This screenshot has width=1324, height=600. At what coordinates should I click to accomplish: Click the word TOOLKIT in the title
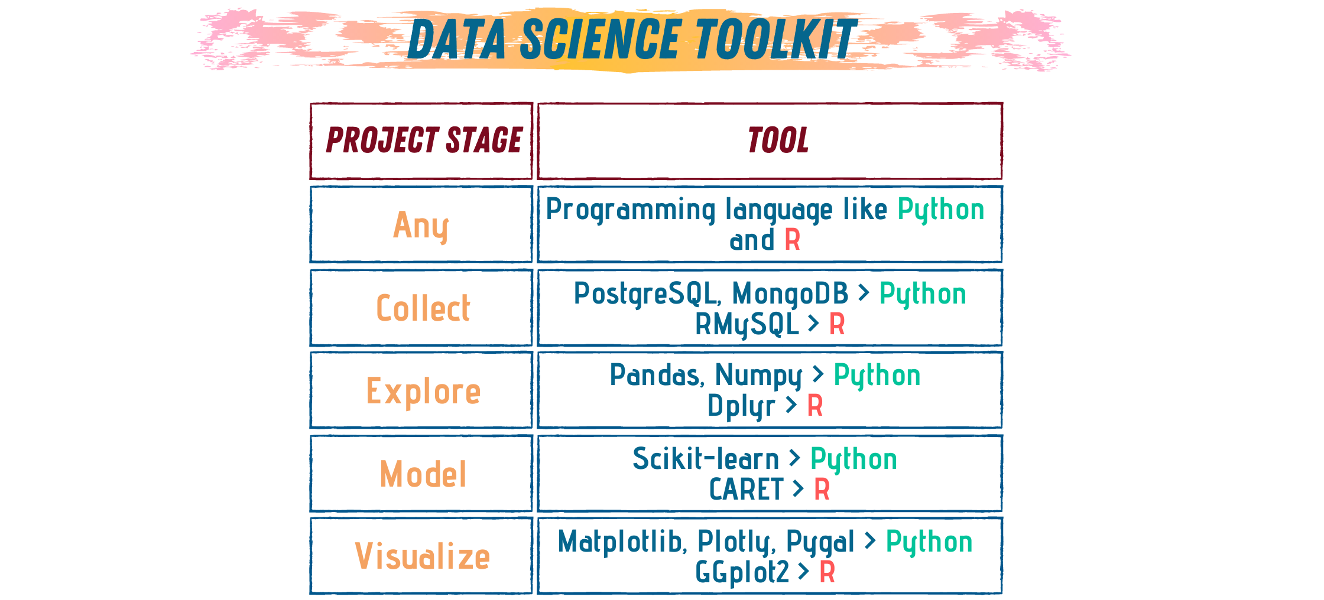775,39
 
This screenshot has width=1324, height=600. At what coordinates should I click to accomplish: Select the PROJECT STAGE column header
424,141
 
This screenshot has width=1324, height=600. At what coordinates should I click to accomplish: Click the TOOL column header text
777,141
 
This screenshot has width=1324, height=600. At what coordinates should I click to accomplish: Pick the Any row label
421,226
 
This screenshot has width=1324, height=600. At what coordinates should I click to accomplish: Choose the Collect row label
423,308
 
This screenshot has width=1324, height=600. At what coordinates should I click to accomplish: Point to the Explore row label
423,391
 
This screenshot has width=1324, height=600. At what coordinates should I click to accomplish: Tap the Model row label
423,474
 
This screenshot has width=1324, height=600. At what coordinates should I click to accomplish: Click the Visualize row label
422,556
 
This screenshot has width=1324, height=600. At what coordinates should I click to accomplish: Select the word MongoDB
790,294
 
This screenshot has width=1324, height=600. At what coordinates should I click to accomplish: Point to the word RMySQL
747,324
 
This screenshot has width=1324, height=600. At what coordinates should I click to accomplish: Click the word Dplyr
741,406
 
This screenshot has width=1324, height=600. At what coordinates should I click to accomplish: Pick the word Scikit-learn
706,459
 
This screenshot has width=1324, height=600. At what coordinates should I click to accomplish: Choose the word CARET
746,490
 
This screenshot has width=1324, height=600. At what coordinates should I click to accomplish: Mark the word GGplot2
742,572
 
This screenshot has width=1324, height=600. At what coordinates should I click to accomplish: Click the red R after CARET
822,490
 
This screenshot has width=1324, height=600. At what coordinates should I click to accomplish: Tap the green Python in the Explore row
877,376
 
